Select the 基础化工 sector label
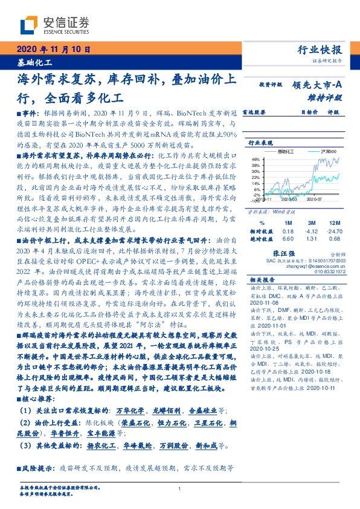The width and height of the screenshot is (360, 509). coord(33,62)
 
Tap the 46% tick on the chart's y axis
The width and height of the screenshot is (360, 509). coord(256,158)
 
